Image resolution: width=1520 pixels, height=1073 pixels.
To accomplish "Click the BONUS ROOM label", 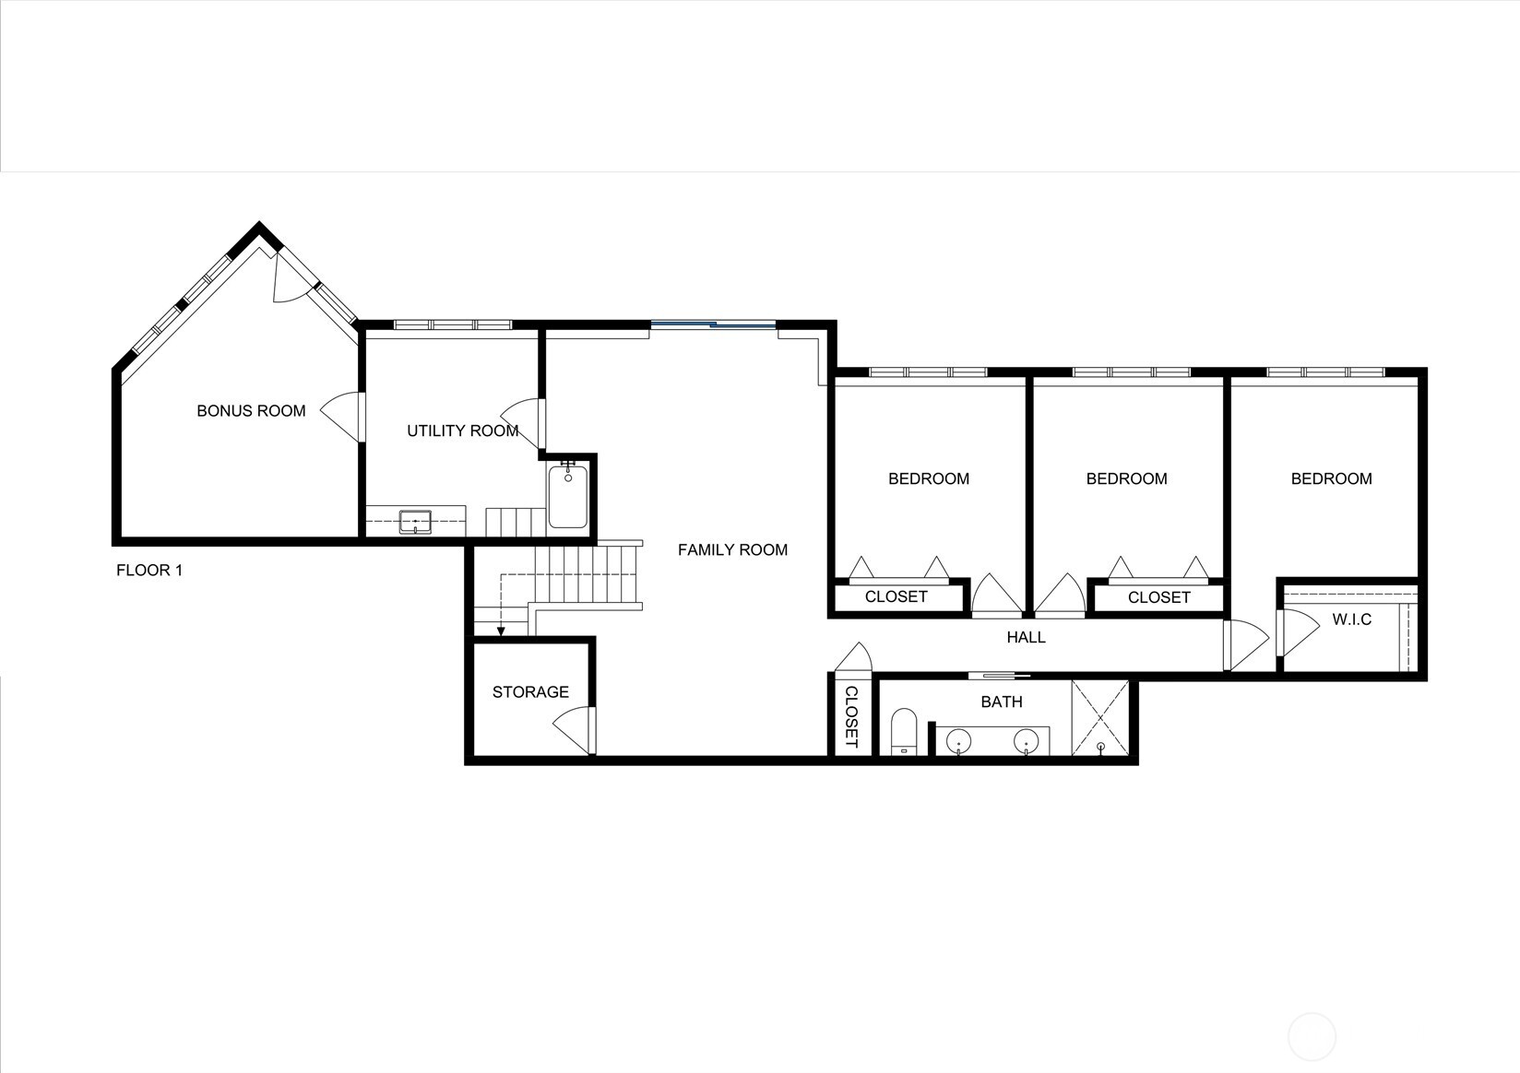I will click(x=251, y=411).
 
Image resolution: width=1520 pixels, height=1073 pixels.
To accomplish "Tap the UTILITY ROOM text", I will click(x=462, y=431).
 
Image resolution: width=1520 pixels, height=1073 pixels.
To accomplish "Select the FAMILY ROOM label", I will click(x=732, y=550).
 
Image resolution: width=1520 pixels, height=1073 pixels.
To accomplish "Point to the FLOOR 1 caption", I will click(x=149, y=571).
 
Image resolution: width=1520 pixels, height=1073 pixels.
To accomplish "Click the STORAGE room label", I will click(x=530, y=692).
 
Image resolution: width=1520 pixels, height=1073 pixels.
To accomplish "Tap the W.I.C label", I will click(x=1351, y=620).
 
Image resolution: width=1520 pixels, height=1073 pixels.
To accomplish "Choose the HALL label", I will click(x=1026, y=638).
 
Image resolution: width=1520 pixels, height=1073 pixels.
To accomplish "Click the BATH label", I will click(x=1001, y=702).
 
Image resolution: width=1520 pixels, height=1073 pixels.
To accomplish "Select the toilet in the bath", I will click(x=904, y=732).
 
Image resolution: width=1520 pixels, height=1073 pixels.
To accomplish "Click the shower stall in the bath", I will click(x=1100, y=718).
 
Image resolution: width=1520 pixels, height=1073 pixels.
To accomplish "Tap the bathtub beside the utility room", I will click(x=567, y=497).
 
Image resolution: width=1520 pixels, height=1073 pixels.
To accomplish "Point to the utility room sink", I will click(x=416, y=522).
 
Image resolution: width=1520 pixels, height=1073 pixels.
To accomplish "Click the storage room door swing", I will click(x=574, y=727).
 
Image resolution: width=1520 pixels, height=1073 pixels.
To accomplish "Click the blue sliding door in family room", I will click(x=713, y=324).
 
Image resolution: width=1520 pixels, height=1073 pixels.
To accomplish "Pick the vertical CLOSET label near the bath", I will click(x=850, y=717).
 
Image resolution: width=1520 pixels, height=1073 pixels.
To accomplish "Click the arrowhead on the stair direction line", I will click(x=501, y=632).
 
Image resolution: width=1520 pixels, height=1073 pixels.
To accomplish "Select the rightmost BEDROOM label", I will click(x=1331, y=479).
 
